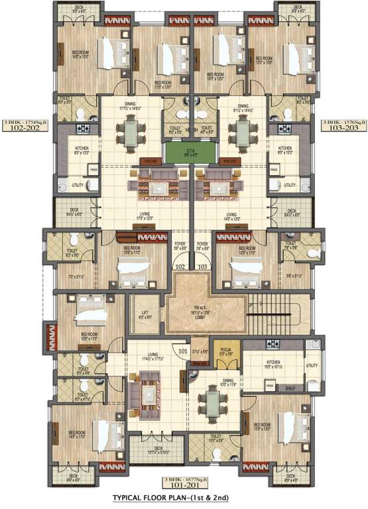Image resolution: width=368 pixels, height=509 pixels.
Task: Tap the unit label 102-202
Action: tap(21, 129)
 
